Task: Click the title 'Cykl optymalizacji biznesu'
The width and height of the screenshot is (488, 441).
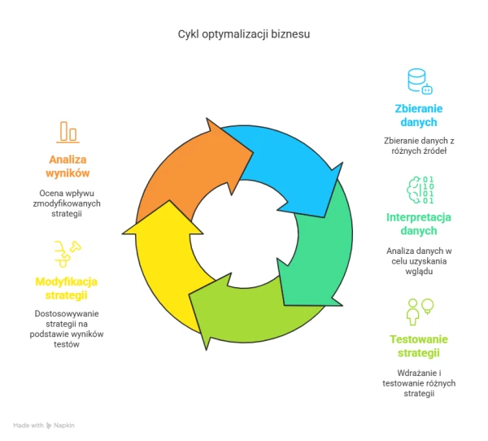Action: tap(244, 35)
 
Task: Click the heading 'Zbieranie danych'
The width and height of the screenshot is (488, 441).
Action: tap(419, 116)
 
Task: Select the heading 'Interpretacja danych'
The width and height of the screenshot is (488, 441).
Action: tap(419, 224)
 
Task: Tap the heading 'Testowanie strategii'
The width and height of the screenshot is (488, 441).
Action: tap(419, 345)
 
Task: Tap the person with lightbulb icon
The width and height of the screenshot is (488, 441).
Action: tap(420, 311)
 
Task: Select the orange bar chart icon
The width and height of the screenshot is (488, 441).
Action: tap(68, 132)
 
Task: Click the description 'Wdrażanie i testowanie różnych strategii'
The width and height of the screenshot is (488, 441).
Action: tap(419, 382)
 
